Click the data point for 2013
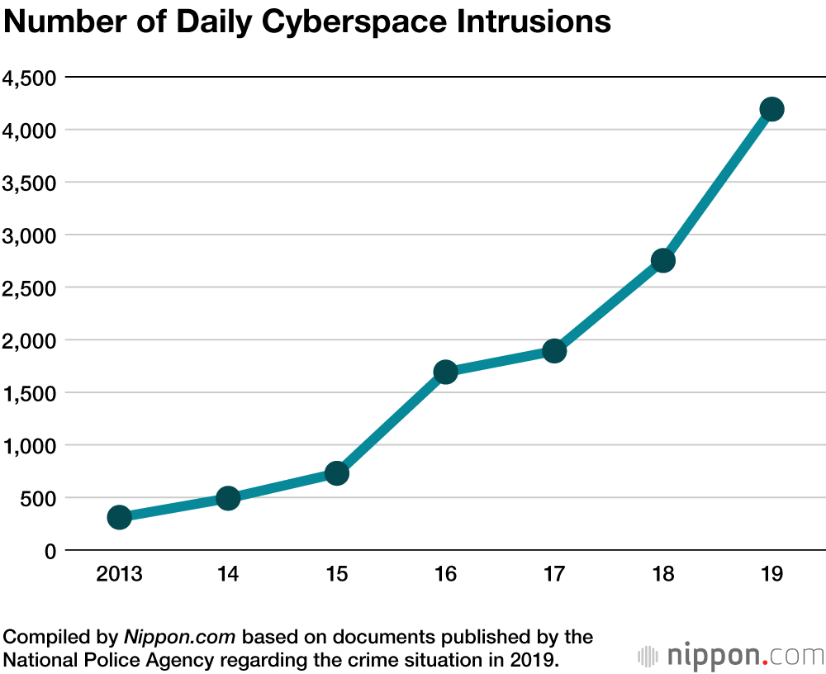point(119,517)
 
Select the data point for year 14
point(228,498)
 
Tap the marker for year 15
point(336,473)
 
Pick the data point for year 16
point(445,372)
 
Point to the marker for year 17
point(554,351)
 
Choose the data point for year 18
point(663,260)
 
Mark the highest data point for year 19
point(771,109)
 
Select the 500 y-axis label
point(38,498)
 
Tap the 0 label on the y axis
point(49,551)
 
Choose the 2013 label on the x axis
point(119,574)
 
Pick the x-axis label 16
point(445,574)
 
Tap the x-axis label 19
point(771,574)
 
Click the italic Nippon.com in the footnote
point(180,637)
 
